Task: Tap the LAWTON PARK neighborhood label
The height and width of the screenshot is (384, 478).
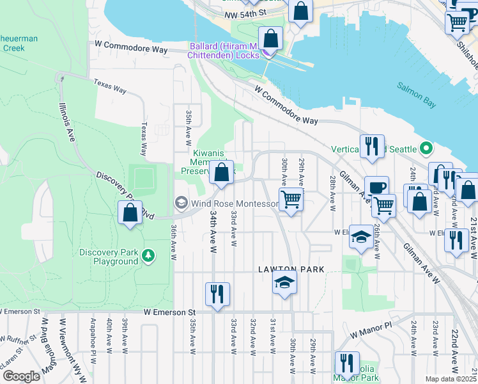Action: coord(291,269)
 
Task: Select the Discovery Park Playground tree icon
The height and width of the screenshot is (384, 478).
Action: coord(149,256)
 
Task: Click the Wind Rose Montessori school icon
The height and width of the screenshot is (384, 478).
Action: coord(181,204)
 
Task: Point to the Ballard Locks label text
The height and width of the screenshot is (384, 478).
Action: coord(224,51)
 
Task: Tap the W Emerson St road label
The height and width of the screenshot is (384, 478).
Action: coord(169,312)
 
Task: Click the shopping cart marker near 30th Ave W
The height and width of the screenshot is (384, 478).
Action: coord(291,200)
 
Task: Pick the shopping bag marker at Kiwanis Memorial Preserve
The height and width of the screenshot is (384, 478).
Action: coord(221,173)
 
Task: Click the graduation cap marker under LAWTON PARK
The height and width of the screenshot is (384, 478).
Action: coord(284,282)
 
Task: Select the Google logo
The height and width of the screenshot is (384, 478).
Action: coord(20,376)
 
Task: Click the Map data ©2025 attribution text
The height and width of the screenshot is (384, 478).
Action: coord(451,379)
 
